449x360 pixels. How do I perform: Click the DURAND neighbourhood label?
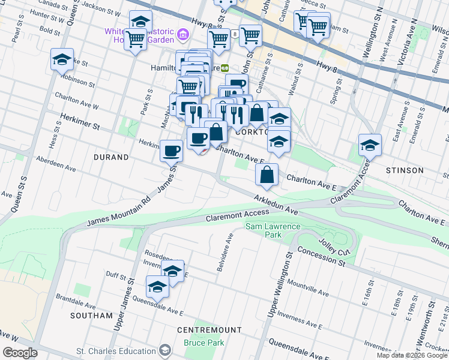click(111, 157)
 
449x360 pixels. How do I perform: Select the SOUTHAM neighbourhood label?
click(91, 315)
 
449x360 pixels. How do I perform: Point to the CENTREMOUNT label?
click(209, 330)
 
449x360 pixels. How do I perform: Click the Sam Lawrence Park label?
click(272, 231)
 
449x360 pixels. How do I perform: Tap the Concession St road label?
click(321, 257)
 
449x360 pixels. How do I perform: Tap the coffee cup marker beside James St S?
click(171, 149)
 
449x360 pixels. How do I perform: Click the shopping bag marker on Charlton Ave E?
click(267, 175)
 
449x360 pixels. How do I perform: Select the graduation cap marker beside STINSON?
click(370, 145)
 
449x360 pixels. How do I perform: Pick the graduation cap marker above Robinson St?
click(62, 60)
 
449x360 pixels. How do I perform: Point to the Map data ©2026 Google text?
click(412, 355)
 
